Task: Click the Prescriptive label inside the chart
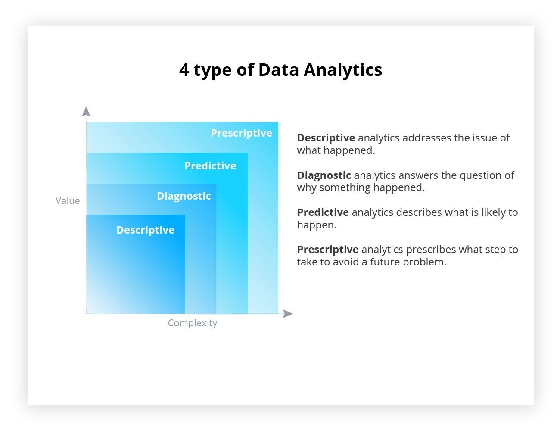click(x=241, y=133)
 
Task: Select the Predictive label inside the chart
click(x=210, y=166)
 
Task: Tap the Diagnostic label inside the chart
click(x=184, y=196)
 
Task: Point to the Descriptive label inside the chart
click(x=145, y=230)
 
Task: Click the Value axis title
click(x=68, y=200)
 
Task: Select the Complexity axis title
click(x=192, y=323)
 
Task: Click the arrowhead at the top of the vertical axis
click(x=86, y=112)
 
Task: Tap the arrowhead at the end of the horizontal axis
click(x=288, y=314)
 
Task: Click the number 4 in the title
click(x=184, y=70)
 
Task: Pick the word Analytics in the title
click(x=343, y=70)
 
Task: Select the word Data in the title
click(x=278, y=70)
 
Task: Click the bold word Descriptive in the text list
click(x=326, y=138)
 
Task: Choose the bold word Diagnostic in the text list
click(x=324, y=175)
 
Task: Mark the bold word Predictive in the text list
click(x=323, y=212)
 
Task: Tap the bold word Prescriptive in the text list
click(x=327, y=250)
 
